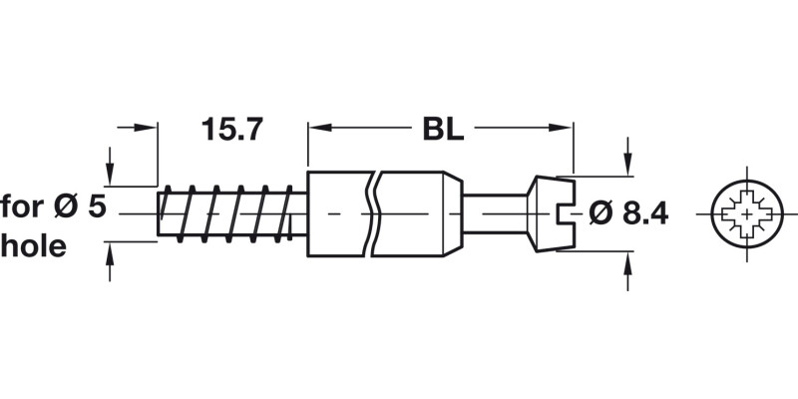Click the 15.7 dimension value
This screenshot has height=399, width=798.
pos(231,130)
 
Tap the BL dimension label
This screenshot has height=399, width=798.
pos(441,130)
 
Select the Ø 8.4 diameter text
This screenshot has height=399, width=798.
pos(627,213)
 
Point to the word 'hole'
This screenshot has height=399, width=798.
pos(34,246)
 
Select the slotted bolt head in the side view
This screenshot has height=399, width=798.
pos(551,213)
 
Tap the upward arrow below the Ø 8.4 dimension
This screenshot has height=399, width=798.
pos(627,262)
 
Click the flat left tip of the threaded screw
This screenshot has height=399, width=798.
pos(160,213)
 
